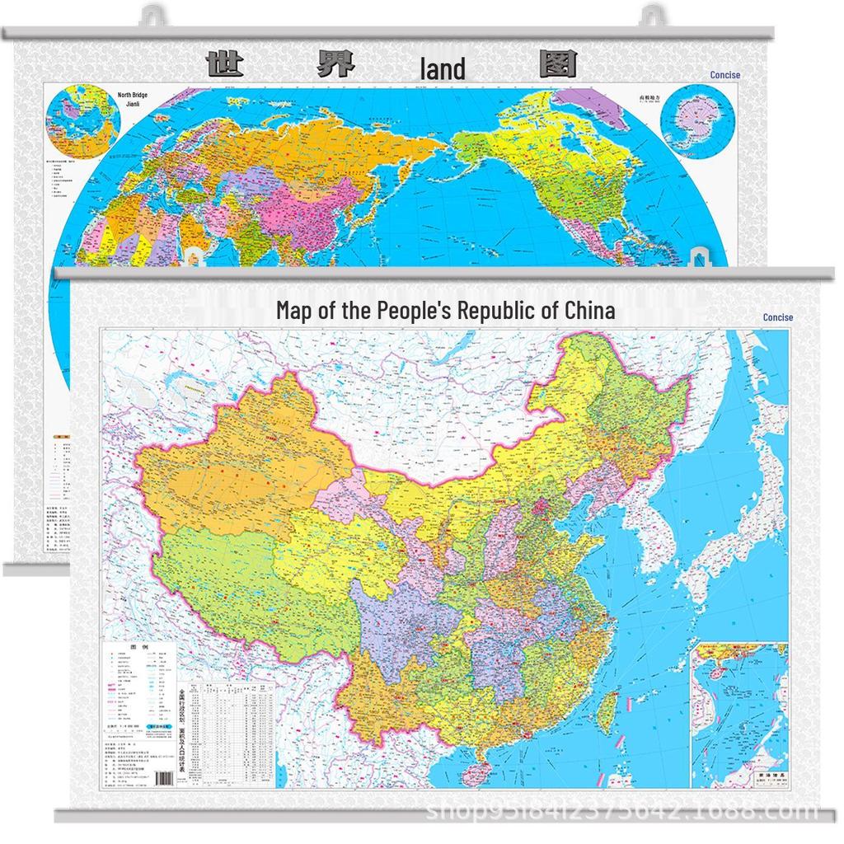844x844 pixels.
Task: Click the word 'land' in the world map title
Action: point(443,69)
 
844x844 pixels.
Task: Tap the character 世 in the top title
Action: point(224,64)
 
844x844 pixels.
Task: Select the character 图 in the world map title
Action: point(557,64)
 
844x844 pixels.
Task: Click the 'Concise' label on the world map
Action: point(724,75)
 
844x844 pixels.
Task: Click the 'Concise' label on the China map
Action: point(777,317)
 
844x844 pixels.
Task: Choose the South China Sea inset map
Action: point(739,713)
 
